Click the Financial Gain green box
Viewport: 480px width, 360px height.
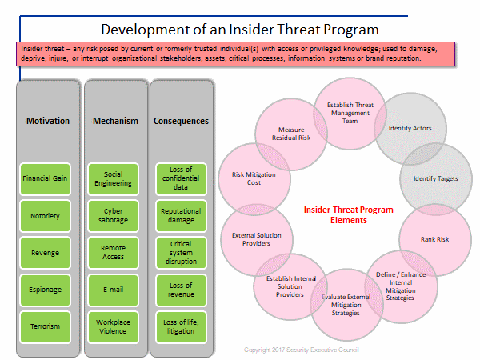pyautogui.click(x=45, y=179)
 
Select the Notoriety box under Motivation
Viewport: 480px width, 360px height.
pyautogui.click(x=45, y=216)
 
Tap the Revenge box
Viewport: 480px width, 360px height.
pyautogui.click(x=45, y=253)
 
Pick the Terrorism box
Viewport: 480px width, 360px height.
pyautogui.click(x=45, y=326)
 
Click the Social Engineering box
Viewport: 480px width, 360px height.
pyautogui.click(x=113, y=179)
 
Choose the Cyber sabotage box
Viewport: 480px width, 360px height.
pyautogui.click(x=113, y=216)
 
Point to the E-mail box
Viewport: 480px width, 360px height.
pyautogui.click(x=113, y=290)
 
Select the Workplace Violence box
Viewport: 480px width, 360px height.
pyautogui.click(x=113, y=326)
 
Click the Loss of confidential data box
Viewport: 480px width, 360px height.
pyautogui.click(x=181, y=179)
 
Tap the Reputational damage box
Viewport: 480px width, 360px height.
pyautogui.click(x=181, y=216)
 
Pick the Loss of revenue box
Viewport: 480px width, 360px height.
pyautogui.click(x=181, y=290)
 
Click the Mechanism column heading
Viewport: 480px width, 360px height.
pyautogui.click(x=115, y=121)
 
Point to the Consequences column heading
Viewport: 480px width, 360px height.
pyautogui.click(x=181, y=121)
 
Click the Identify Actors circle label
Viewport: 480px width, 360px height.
pyautogui.click(x=410, y=128)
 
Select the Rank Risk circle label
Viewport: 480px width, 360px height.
pyautogui.click(x=434, y=239)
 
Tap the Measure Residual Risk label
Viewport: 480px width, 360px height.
pyautogui.click(x=291, y=134)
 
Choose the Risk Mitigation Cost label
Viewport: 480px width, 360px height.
pyautogui.click(x=254, y=178)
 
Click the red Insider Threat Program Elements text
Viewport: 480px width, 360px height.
pyautogui.click(x=348, y=215)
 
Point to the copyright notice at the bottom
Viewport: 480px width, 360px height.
pyautogui.click(x=302, y=350)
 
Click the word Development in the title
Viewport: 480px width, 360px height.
pyautogui.click(x=146, y=30)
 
